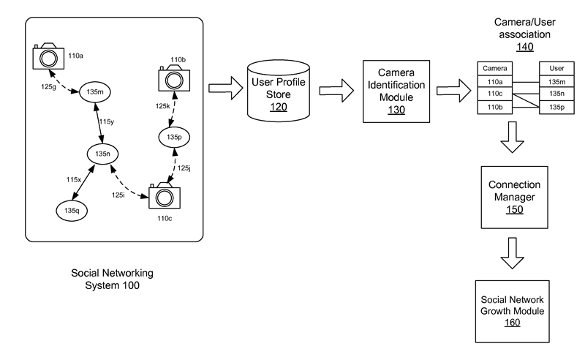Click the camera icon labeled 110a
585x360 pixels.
coord(48,56)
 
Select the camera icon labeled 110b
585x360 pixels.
coord(174,77)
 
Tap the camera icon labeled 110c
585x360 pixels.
coord(165,197)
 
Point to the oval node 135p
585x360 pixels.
coord(173,137)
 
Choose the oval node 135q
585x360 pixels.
coord(71,210)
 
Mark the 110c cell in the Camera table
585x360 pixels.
coord(494,94)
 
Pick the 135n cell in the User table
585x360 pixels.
coord(556,94)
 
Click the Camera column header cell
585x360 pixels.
coord(494,68)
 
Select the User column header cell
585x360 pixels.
coord(556,68)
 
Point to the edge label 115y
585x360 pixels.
coord(107,122)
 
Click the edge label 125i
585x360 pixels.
coord(118,195)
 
